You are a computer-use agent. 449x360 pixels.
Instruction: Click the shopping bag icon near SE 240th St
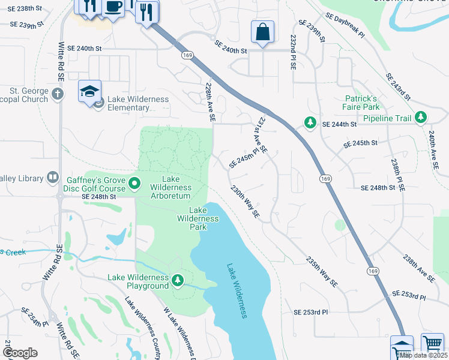263,32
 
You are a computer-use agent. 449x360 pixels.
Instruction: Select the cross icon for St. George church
57,94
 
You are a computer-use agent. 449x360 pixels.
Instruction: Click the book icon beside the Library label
53,178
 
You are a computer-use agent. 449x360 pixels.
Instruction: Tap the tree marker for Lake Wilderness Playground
177,280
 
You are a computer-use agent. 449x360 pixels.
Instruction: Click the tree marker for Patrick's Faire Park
310,123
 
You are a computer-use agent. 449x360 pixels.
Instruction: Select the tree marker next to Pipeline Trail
421,118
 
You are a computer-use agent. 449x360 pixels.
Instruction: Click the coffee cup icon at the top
113,7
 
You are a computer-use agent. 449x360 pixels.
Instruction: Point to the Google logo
20,353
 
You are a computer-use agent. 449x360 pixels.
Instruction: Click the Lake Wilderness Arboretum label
169,187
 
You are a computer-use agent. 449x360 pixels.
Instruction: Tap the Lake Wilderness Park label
197,218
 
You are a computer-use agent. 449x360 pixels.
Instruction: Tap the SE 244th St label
339,124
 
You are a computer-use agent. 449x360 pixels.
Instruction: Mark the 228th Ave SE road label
210,103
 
